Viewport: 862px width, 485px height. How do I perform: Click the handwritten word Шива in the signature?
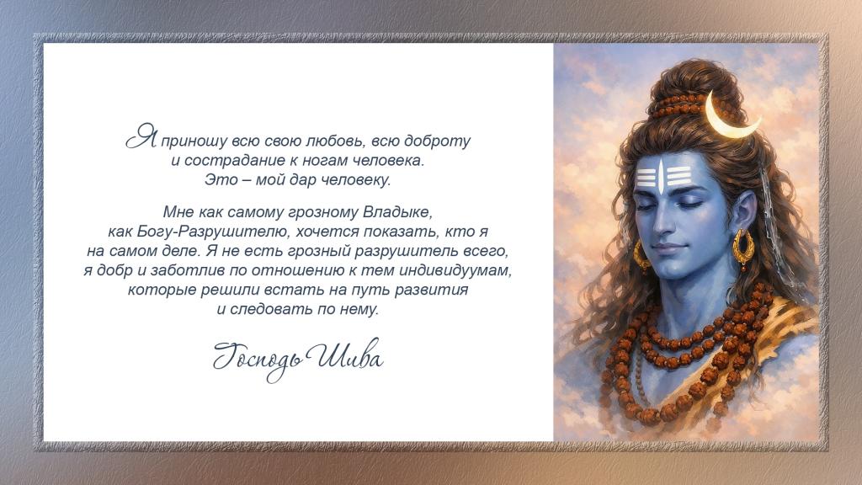pos(343,356)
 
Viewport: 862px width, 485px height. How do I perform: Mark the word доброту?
pos(437,141)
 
